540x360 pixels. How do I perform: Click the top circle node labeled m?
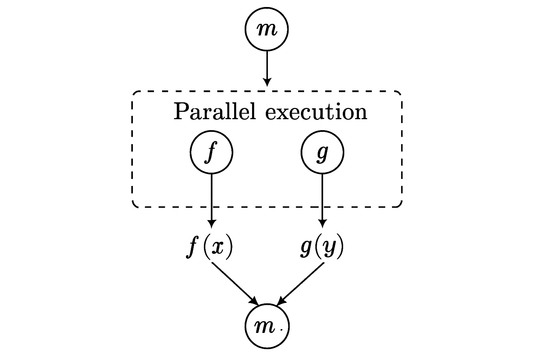(266, 29)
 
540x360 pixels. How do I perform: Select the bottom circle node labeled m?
(266, 327)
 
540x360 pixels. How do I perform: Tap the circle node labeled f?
(211, 152)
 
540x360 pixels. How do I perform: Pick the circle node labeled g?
(322, 152)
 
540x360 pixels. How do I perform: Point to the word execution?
(316, 112)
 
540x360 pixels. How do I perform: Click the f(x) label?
(209, 247)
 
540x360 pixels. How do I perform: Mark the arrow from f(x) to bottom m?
(234, 283)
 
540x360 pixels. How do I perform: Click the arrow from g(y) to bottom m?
(301, 283)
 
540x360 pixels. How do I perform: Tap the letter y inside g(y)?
(328, 249)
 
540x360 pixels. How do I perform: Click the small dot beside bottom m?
(281, 330)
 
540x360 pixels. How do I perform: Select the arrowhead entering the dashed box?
(267, 82)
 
